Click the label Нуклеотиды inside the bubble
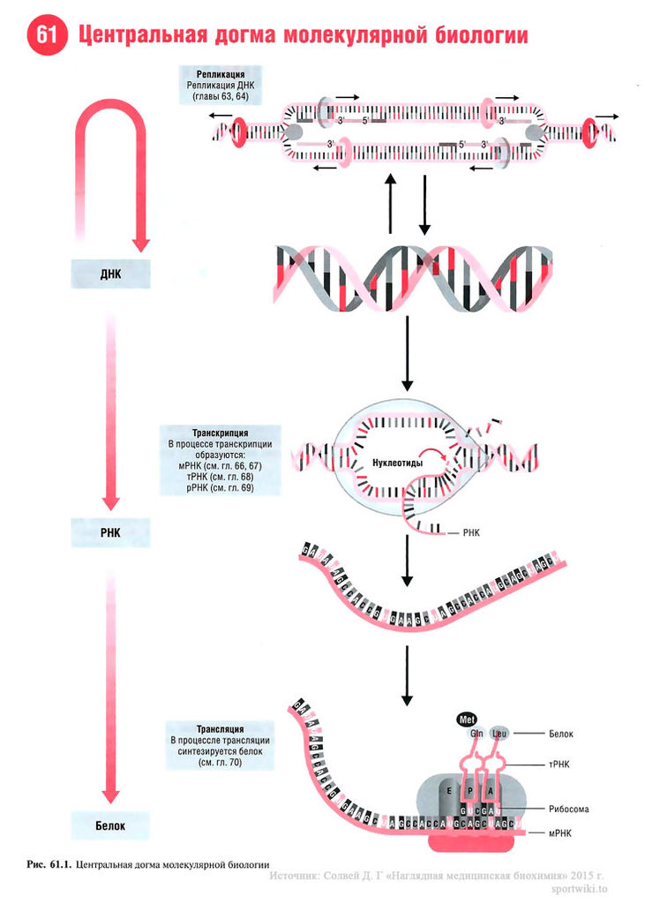392,463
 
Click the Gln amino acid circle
476,734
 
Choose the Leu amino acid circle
500,734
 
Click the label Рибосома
568,808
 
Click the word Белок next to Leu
561,734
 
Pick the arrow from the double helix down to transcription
407,353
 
